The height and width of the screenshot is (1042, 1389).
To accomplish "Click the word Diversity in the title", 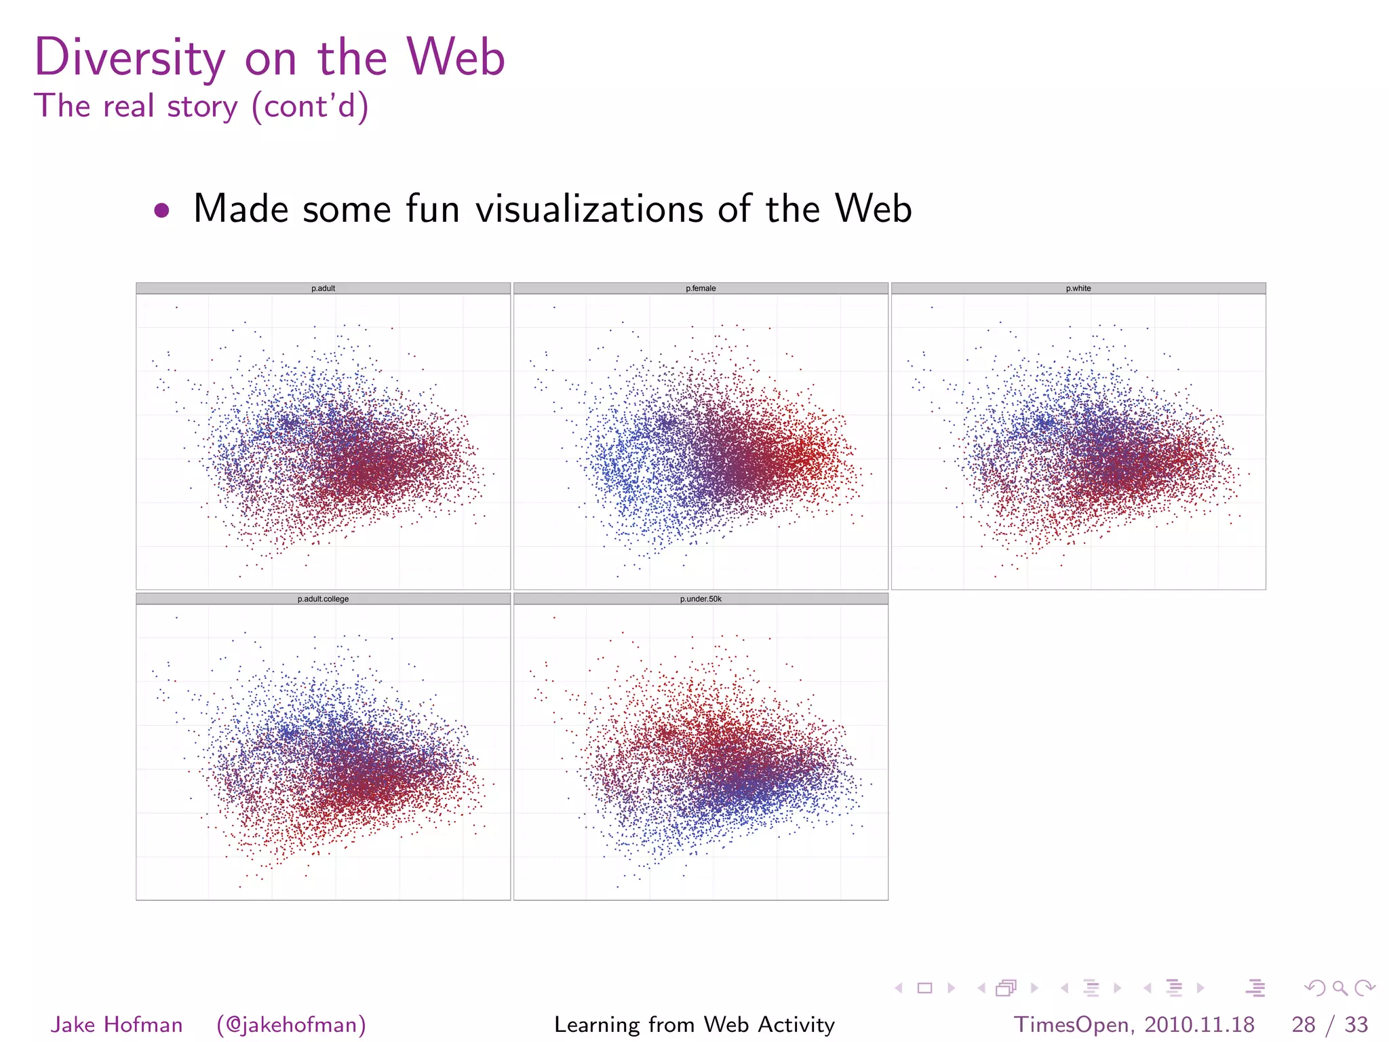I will [x=130, y=58].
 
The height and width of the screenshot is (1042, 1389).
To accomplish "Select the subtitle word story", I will [x=202, y=107].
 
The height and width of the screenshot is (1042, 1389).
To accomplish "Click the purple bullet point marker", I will [x=161, y=210].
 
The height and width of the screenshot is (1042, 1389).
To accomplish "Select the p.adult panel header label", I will [x=323, y=288].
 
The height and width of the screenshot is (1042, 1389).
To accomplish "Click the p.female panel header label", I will [x=701, y=288].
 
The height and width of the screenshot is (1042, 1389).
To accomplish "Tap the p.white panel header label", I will [x=1078, y=288].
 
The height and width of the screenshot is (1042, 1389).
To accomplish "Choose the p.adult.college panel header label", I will [x=323, y=599].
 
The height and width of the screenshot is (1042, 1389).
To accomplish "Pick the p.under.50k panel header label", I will [x=701, y=599].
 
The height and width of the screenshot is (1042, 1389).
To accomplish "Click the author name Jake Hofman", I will [x=117, y=1024].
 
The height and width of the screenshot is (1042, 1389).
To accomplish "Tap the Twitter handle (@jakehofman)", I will [x=291, y=1024].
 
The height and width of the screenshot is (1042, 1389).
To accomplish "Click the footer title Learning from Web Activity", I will [x=694, y=1024].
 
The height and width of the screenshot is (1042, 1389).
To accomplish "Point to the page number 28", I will [x=1304, y=1024].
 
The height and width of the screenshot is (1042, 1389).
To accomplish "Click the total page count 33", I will [x=1356, y=1024].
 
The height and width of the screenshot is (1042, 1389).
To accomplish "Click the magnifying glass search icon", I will [x=1339, y=988].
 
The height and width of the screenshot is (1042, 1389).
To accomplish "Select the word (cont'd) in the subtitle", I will [x=310, y=107].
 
